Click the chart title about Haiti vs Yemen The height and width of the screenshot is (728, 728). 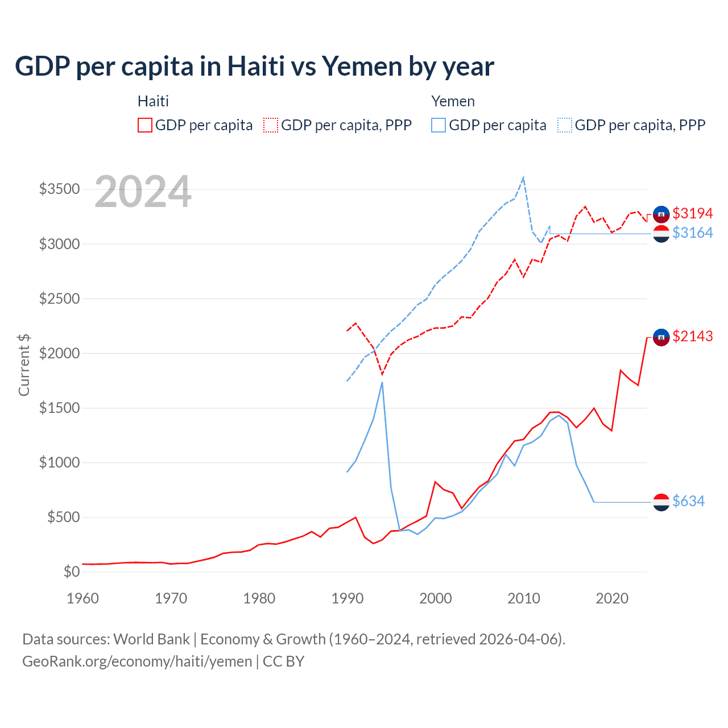[x=254, y=67]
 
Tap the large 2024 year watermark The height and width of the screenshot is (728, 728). [x=143, y=192]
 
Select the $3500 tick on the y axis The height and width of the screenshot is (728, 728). [x=59, y=189]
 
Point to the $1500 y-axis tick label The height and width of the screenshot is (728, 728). [x=59, y=408]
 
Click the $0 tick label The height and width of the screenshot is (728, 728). [x=71, y=572]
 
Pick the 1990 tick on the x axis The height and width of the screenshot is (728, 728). [x=347, y=598]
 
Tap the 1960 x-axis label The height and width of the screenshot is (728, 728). [x=83, y=598]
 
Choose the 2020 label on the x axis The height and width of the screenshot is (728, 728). [x=612, y=598]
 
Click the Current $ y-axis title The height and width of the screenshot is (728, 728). [x=24, y=365]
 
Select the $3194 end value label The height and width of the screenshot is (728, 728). [x=692, y=213]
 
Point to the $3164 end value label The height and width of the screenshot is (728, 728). [x=692, y=233]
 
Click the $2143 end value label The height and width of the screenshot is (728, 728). [x=692, y=336]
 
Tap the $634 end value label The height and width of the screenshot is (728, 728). [x=688, y=501]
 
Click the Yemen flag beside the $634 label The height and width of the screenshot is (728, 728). [x=661, y=502]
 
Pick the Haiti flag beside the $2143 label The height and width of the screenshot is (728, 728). [x=661, y=337]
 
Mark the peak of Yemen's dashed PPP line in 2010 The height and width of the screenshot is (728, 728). [x=523, y=177]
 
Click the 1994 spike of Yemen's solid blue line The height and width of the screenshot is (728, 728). [x=382, y=382]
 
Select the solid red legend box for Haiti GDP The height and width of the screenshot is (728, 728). [x=145, y=125]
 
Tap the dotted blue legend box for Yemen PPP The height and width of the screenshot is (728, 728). [x=565, y=125]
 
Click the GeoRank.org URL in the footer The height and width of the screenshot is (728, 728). [x=137, y=661]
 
